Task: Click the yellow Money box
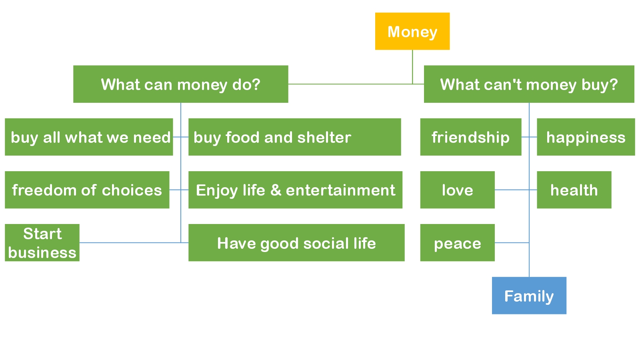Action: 412,31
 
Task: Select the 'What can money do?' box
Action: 180,84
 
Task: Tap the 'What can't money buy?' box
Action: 529,84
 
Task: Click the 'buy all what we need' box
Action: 89,137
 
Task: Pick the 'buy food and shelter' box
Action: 294,137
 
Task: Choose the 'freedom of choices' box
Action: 87,190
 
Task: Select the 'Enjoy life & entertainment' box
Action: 296,190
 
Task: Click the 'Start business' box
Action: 42,242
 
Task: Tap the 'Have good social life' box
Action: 296,242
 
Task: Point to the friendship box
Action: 470,137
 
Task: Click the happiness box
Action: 586,137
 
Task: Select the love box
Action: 458,190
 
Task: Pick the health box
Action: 574,190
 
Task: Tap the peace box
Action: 458,242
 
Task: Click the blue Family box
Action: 529,296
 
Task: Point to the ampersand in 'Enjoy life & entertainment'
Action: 276,190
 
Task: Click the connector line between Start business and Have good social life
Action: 134,242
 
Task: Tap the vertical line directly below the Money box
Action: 412,67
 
